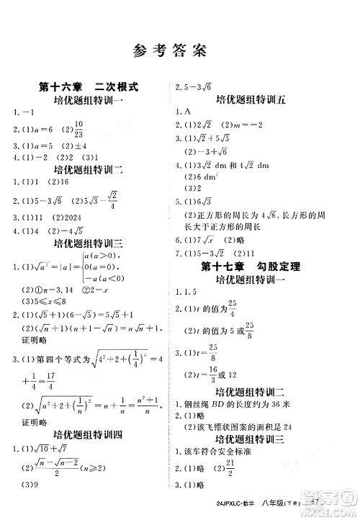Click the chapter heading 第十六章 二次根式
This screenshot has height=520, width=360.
(x=89, y=87)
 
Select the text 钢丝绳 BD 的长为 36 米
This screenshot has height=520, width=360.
(x=235, y=403)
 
